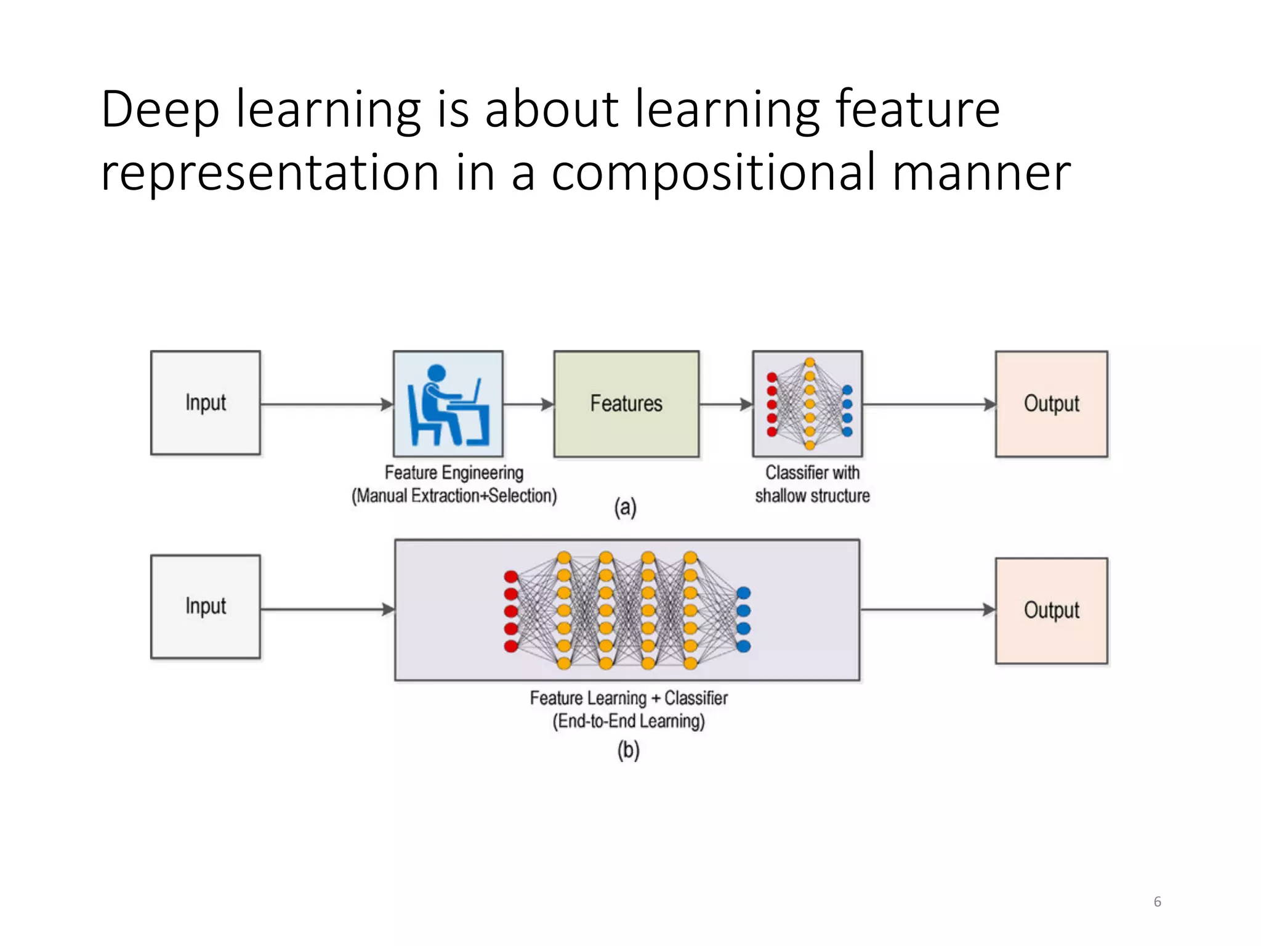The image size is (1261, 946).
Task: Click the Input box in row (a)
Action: [x=205, y=403]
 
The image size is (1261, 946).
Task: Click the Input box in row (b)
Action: [x=205, y=607]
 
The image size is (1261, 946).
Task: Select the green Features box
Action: [x=626, y=403]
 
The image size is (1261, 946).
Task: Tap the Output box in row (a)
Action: [x=1051, y=403]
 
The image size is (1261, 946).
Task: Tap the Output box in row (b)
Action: [x=1051, y=610]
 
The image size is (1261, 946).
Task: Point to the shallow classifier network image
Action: [x=807, y=404]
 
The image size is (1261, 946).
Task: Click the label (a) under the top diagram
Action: [x=625, y=507]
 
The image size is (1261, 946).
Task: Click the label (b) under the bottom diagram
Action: [x=628, y=750]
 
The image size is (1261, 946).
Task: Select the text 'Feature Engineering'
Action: [x=454, y=472]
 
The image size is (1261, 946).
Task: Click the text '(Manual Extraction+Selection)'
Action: [x=454, y=496]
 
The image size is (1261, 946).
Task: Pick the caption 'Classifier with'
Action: [x=812, y=472]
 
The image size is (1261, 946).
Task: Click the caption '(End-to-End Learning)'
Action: [x=628, y=721]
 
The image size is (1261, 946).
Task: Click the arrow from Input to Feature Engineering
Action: [x=326, y=405]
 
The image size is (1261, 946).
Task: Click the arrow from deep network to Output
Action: [x=927, y=610]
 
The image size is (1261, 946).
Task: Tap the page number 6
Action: [x=1157, y=902]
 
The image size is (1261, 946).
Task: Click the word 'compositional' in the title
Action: [x=713, y=172]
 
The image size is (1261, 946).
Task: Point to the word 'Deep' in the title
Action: [x=160, y=110]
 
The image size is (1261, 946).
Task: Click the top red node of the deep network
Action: [x=511, y=576]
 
